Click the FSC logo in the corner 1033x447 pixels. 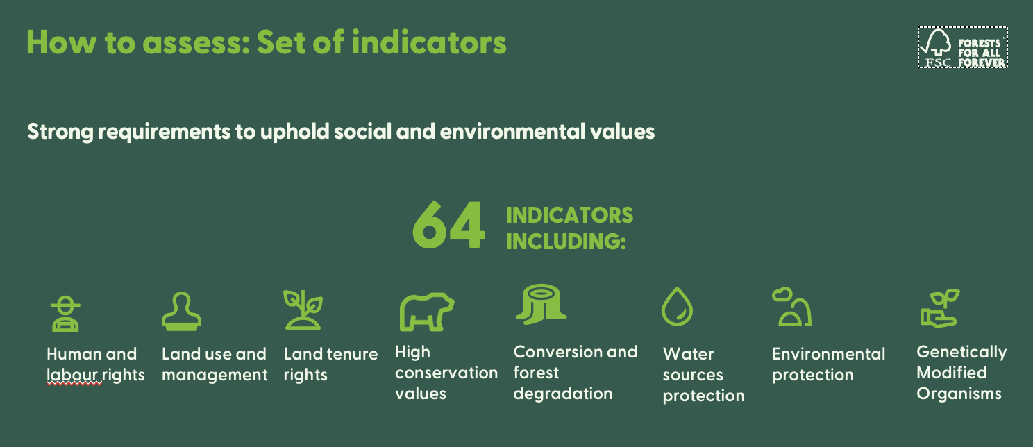[962, 47]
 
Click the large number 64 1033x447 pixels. [448, 226]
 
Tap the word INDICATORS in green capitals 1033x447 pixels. [569, 215]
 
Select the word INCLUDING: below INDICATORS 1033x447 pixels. [566, 242]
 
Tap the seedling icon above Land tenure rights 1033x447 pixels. [303, 310]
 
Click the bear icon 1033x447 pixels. [426, 311]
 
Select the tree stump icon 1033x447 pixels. [541, 305]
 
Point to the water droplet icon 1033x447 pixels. [677, 307]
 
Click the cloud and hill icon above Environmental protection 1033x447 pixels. [791, 307]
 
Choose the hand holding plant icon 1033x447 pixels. [939, 308]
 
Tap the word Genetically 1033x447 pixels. [961, 353]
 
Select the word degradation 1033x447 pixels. [562, 394]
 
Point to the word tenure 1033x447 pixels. [352, 354]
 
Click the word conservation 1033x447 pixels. [446, 373]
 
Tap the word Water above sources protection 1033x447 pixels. [688, 355]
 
